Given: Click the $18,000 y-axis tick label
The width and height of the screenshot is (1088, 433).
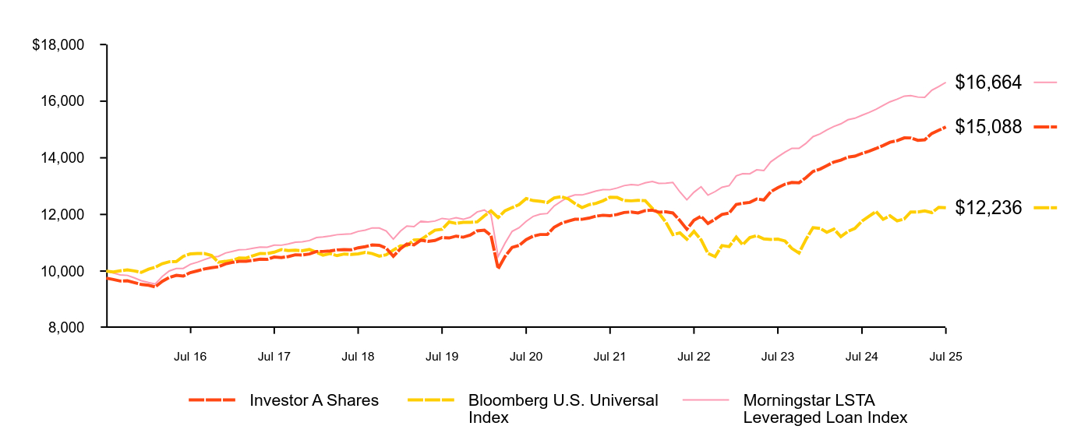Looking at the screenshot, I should coord(58,45).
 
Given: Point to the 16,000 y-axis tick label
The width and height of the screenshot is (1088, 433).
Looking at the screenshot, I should coord(65,101).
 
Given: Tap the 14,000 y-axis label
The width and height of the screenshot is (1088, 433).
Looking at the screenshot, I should coord(65,158).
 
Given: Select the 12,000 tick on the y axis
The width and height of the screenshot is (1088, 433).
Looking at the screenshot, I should coord(65,215).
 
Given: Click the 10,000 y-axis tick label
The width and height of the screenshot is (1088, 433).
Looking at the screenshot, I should coord(65,271).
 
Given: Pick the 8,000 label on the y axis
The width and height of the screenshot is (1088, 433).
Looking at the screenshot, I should coord(68,328).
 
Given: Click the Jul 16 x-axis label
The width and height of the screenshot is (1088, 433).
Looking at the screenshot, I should coord(190,356).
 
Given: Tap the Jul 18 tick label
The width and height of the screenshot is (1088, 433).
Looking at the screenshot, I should coord(359,356).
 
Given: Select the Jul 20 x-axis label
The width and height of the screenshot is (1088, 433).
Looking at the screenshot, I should coord(526,356).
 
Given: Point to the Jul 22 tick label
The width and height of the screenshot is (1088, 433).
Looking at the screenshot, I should coord(694,356).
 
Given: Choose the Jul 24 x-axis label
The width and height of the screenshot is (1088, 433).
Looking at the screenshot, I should coord(862,356).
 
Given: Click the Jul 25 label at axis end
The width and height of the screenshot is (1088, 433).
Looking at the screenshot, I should coord(946,356).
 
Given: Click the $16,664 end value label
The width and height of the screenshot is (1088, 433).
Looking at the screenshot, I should coord(987,82).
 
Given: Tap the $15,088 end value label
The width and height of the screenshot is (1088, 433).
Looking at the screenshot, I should coord(987,126).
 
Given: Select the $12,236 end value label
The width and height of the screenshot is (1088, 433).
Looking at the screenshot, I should coord(987,207).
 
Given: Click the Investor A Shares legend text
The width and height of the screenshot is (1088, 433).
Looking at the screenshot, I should coord(314,400).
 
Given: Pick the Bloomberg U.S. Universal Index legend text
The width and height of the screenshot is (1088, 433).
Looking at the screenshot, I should coord(563,409).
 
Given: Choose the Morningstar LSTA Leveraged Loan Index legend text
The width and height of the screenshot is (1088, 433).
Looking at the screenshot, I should coord(825,409).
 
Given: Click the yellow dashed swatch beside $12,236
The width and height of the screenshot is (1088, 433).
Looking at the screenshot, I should coord(1045,207).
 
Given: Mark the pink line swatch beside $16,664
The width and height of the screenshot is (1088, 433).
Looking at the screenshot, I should coord(1045,82).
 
